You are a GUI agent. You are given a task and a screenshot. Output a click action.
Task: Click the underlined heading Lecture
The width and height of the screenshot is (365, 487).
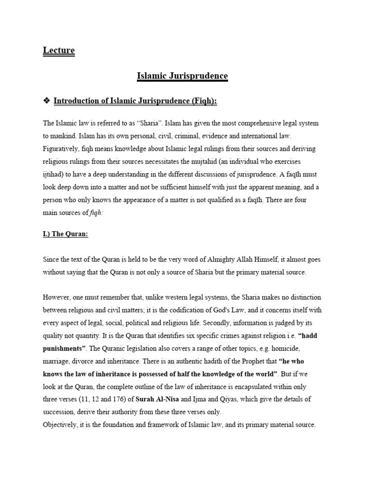point(58,50)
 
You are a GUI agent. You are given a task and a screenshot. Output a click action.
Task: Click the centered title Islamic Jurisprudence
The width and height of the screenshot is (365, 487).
point(182,76)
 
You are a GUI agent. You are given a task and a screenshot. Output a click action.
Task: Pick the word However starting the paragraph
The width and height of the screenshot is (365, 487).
point(57,298)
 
